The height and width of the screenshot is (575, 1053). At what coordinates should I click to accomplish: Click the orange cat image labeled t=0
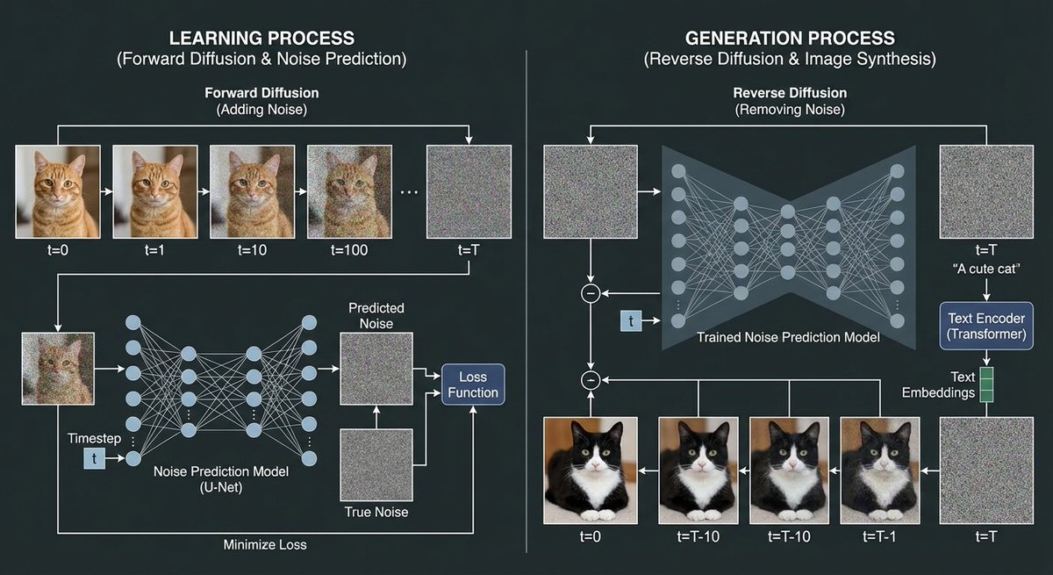click(58, 191)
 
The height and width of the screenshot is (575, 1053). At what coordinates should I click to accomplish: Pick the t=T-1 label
click(880, 535)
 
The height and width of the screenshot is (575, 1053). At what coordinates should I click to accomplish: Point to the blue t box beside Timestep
click(94, 457)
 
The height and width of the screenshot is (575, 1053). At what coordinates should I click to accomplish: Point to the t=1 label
click(154, 249)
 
